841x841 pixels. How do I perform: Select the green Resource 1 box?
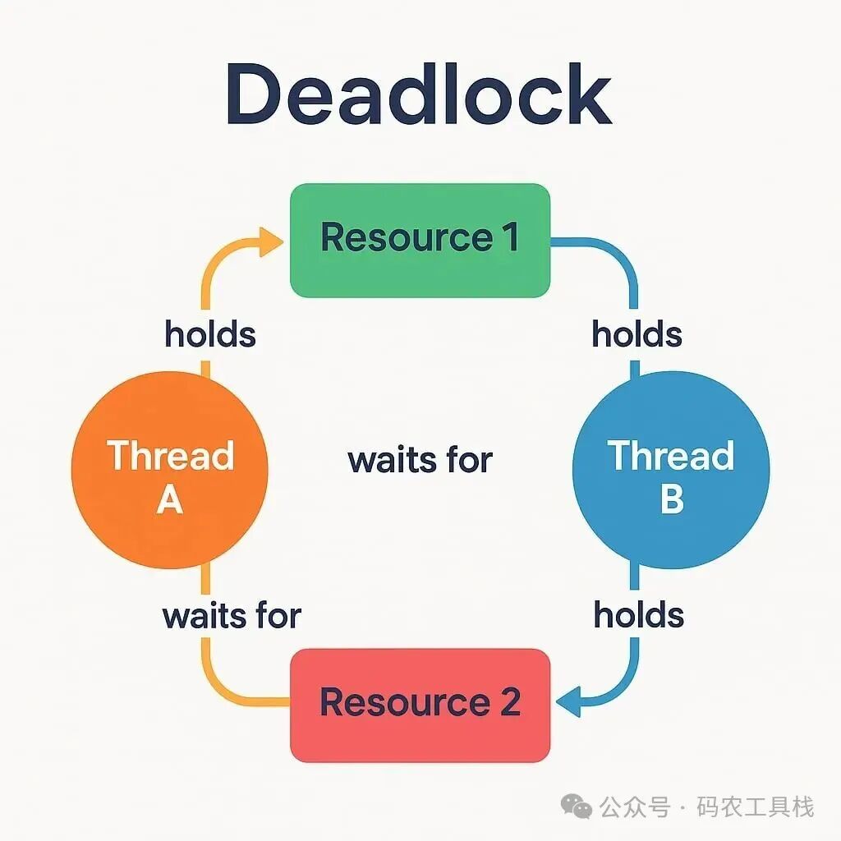click(420, 239)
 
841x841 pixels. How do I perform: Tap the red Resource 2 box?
click(420, 704)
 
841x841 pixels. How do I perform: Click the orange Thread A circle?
click(170, 470)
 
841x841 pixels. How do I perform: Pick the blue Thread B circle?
click(670, 470)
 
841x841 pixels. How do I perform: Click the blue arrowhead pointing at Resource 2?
click(569, 702)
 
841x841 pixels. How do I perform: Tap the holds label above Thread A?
click(210, 334)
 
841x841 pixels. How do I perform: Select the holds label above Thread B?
click(637, 334)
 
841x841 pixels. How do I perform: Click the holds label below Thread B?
click(639, 615)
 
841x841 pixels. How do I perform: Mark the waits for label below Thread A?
click(232, 615)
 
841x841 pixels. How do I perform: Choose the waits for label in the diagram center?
click(420, 460)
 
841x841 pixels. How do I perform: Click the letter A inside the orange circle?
click(169, 498)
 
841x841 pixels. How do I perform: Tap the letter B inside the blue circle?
click(672, 498)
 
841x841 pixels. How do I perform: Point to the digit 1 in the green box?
click(509, 238)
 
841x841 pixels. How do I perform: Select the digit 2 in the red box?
click(509, 703)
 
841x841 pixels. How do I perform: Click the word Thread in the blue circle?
click(670, 456)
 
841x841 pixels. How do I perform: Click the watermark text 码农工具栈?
click(756, 807)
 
